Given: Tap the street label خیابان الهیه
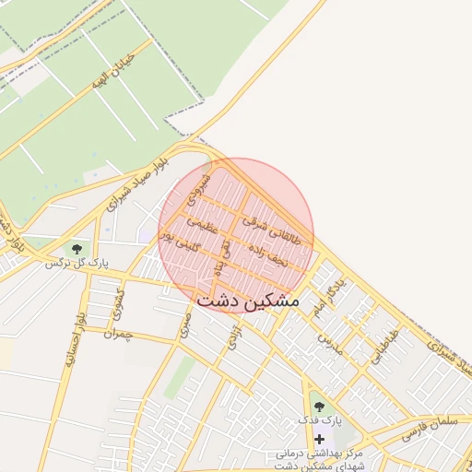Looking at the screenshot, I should click(113, 72).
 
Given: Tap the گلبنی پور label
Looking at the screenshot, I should click(179, 244).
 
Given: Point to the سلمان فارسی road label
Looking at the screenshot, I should click(430, 422).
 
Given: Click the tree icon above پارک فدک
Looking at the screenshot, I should click(319, 405).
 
